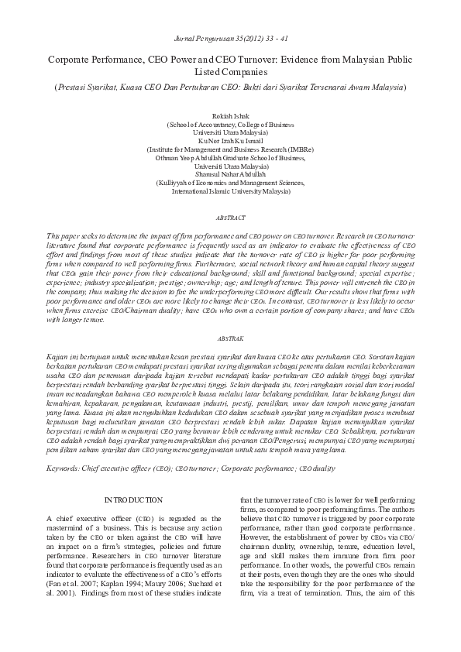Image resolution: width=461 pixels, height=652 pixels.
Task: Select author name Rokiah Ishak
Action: (230, 115)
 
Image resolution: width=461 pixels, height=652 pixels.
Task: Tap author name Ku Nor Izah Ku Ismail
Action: (230, 140)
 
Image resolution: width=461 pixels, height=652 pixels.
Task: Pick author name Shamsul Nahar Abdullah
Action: (230, 174)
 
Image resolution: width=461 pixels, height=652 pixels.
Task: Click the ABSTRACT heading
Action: (230, 218)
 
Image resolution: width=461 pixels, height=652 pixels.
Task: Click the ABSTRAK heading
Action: (230, 338)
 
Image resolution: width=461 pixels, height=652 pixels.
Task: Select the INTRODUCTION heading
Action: (134, 500)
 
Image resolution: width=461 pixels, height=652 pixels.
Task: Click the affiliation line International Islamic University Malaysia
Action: (230, 190)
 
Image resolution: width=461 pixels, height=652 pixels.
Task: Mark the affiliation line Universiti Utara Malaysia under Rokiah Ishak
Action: (230, 132)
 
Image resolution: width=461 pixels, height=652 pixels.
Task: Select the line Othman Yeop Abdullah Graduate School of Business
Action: (230, 157)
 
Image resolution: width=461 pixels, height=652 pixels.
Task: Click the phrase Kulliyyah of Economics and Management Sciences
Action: (230, 182)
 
